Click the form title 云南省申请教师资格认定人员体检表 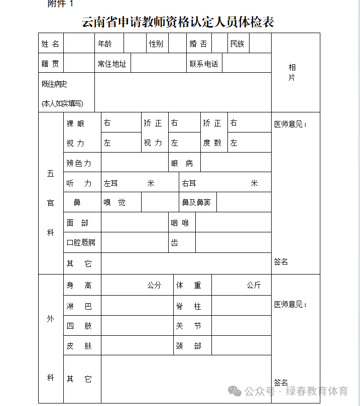click(x=178, y=22)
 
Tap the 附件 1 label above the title click(x=61, y=4)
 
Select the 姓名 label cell click(x=51, y=44)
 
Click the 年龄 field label click(x=105, y=44)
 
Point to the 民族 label click(x=237, y=44)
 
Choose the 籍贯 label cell click(x=51, y=64)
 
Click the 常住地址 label click(x=112, y=64)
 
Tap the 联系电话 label click(x=204, y=64)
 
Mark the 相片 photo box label click(x=292, y=72)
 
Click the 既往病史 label click(x=55, y=84)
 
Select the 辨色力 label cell click(x=79, y=163)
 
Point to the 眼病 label click(x=182, y=163)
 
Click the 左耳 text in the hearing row click(x=111, y=183)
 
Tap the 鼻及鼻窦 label click(x=196, y=203)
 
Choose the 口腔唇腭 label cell click(x=81, y=242)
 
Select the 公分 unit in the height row click(x=154, y=285)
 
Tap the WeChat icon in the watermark click(x=234, y=391)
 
